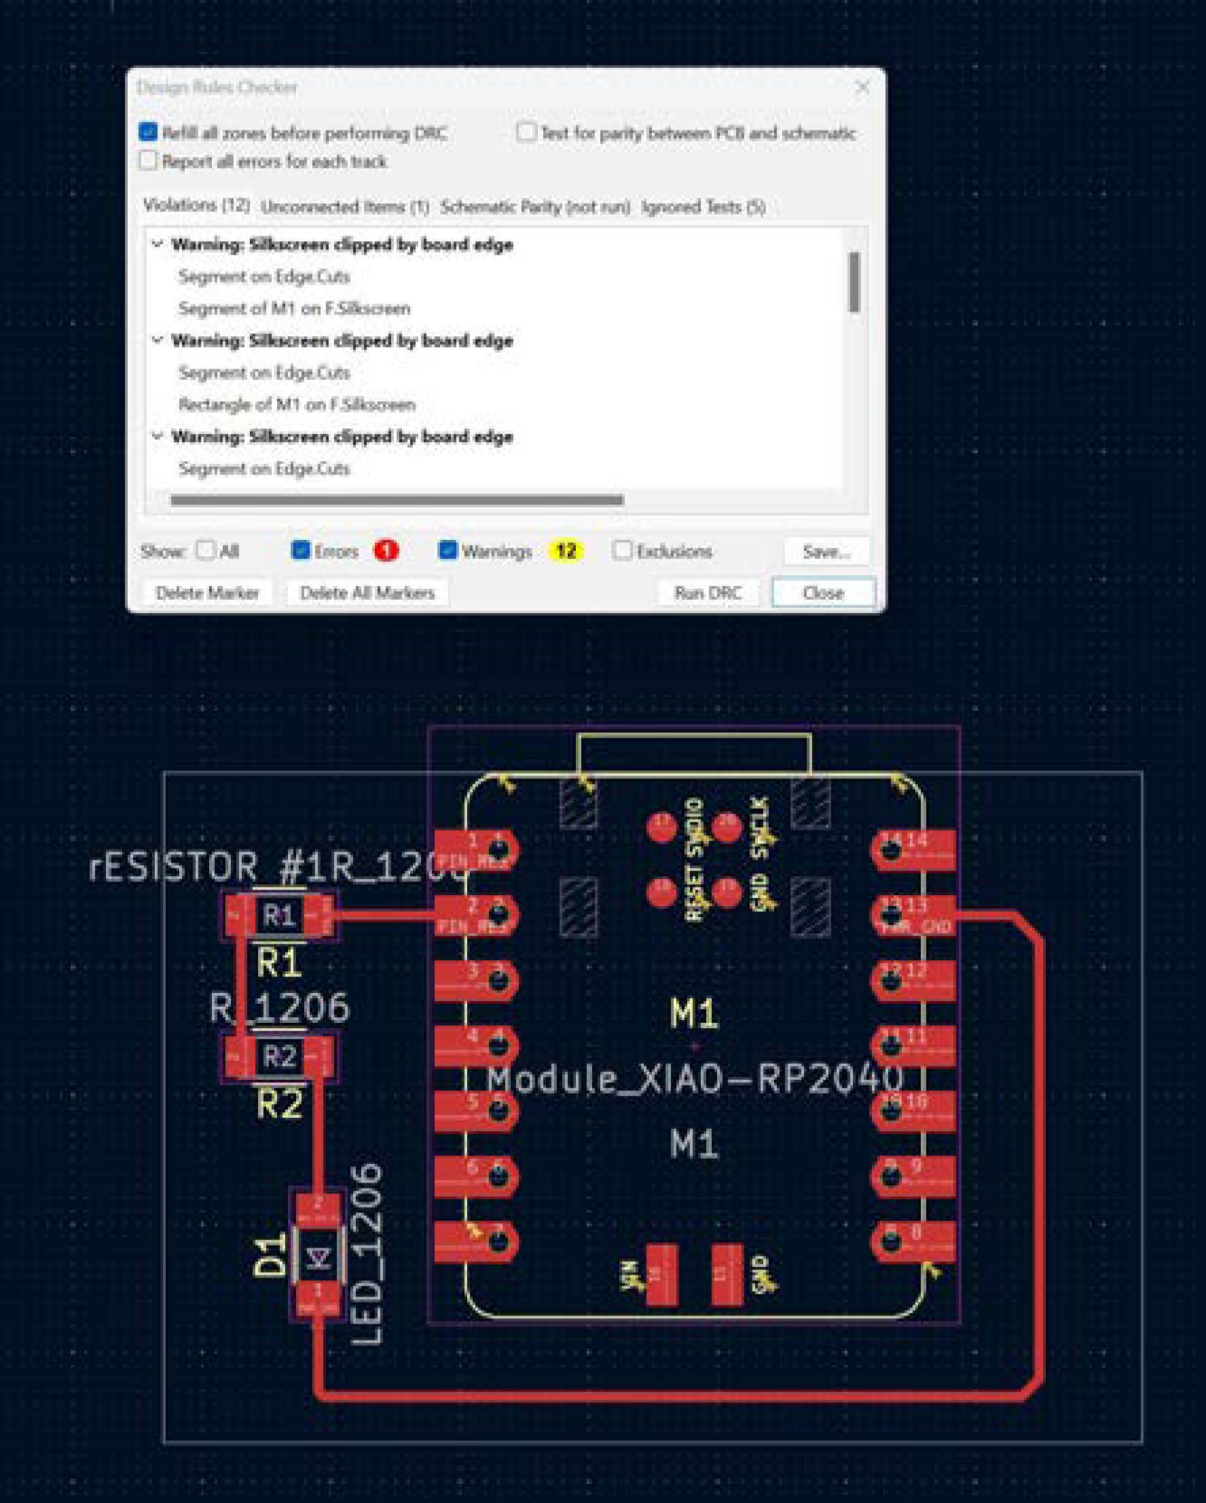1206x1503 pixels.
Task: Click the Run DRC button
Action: tap(708, 592)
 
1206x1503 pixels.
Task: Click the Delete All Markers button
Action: tap(367, 592)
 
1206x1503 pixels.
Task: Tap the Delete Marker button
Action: tap(207, 592)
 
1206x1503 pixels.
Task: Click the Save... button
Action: tap(826, 551)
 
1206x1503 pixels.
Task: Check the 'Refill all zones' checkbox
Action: tap(148, 132)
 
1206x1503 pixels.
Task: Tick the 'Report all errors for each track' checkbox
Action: tap(148, 161)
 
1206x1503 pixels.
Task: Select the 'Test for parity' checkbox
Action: tap(526, 132)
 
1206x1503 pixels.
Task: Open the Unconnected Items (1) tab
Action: tap(345, 206)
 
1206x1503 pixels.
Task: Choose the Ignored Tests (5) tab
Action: tap(703, 206)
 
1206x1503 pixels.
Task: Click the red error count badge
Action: tap(386, 551)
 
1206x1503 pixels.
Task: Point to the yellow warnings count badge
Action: tap(566, 551)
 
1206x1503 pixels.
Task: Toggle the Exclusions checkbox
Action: tap(622, 551)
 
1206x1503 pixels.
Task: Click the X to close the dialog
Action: tap(862, 87)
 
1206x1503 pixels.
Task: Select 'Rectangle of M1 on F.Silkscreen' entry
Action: tap(297, 404)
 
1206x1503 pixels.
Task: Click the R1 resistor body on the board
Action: tap(279, 915)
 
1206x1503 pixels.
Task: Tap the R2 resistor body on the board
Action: tap(279, 1057)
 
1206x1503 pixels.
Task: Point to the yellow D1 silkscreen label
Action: tap(269, 1255)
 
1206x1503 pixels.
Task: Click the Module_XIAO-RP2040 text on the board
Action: tap(694, 1079)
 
